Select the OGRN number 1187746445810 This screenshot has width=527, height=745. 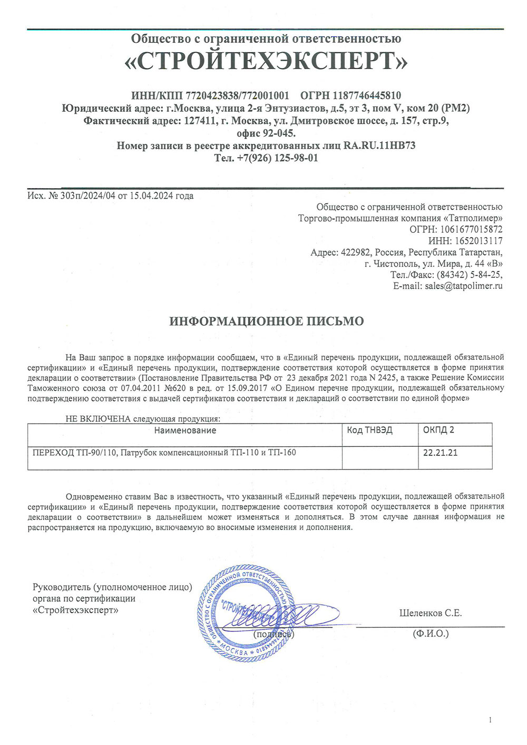point(366,95)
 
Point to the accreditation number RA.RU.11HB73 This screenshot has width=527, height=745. point(379,145)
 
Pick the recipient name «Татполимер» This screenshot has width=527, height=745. point(473,218)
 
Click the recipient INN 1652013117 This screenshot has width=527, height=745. point(478,241)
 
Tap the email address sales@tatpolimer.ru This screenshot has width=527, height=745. point(463,286)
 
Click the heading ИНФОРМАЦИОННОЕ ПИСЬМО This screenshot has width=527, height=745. point(266,321)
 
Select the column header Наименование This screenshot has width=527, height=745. point(185,430)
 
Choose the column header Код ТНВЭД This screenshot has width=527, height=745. point(369,430)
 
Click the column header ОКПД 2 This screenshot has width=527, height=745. point(438,430)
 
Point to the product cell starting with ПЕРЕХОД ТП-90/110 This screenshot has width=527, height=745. point(164,453)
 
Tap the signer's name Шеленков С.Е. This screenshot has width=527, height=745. point(430,613)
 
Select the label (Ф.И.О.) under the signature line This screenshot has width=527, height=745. point(431,633)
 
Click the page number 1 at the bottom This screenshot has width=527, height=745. point(490,720)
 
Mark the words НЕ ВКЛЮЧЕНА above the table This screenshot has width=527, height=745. point(97,419)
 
